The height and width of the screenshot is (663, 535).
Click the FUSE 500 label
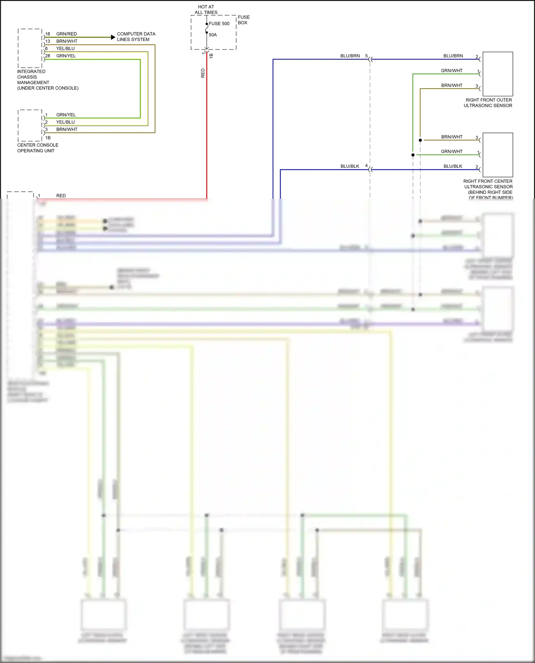click(219, 24)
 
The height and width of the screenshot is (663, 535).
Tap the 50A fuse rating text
click(213, 35)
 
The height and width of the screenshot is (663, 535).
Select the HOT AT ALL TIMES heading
click(206, 10)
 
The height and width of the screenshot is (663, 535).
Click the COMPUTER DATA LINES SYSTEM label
click(136, 37)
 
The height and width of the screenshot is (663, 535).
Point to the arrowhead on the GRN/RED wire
click(113, 37)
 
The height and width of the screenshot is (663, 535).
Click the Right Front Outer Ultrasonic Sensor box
click(498, 74)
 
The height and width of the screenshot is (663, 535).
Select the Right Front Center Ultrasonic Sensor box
click(498, 155)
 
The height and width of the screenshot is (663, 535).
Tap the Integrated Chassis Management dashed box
click(30, 48)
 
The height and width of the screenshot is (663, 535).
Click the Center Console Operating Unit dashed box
click(30, 125)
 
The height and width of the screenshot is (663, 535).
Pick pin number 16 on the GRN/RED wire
click(47, 34)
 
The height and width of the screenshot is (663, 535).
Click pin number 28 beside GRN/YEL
click(47, 56)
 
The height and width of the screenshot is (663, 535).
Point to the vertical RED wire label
click(203, 73)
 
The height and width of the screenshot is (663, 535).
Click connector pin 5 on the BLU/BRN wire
click(366, 56)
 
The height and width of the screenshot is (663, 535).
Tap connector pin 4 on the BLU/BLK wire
click(366, 166)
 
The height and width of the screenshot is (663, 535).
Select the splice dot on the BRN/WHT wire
click(420, 140)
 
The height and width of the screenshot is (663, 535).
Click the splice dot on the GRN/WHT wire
click(413, 155)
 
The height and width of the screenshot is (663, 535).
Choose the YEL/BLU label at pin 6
click(65, 48)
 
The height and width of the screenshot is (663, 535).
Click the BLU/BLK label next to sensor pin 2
click(453, 166)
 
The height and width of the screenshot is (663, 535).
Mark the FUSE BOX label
click(243, 20)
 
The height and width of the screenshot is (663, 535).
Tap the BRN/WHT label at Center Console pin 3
click(67, 129)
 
